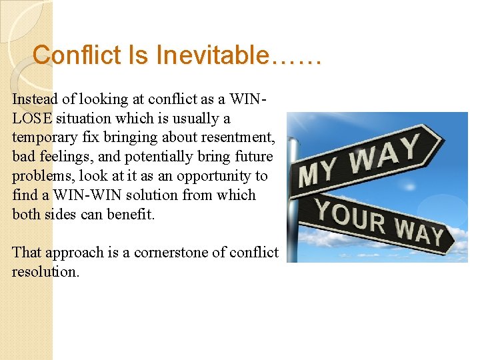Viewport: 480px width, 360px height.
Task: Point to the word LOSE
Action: (x=32, y=119)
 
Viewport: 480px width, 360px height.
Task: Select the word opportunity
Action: (x=214, y=176)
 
